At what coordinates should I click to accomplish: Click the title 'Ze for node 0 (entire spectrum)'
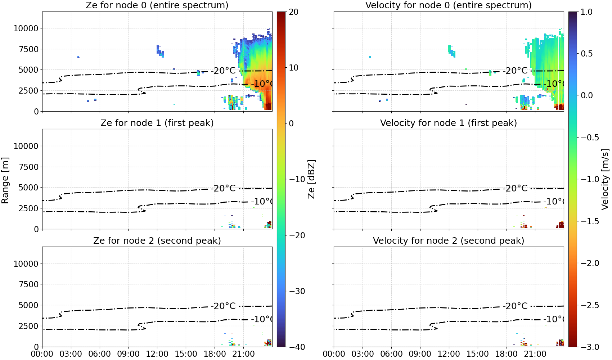pos(157,5)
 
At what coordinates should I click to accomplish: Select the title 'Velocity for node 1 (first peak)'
pos(449,123)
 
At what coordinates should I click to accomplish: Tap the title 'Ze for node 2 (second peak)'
pos(157,240)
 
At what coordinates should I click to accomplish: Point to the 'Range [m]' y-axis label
pos(5,180)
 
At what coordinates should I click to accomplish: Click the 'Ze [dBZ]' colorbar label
pos(311,179)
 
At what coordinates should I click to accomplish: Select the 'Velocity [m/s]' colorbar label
pos(606,179)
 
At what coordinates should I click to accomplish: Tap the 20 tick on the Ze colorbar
pos(293,12)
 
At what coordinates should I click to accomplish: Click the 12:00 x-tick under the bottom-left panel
pos(157,354)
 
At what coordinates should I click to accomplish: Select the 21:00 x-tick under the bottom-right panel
pos(535,354)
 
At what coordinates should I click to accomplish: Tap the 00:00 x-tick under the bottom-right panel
pos(334,354)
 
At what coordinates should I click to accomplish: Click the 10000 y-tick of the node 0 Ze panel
pos(26,28)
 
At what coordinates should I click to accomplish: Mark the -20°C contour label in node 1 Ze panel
pos(223,189)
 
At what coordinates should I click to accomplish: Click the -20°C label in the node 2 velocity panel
pos(515,306)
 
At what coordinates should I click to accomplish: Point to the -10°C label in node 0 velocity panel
pos(554,84)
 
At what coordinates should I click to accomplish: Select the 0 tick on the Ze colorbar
pos(291,123)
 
